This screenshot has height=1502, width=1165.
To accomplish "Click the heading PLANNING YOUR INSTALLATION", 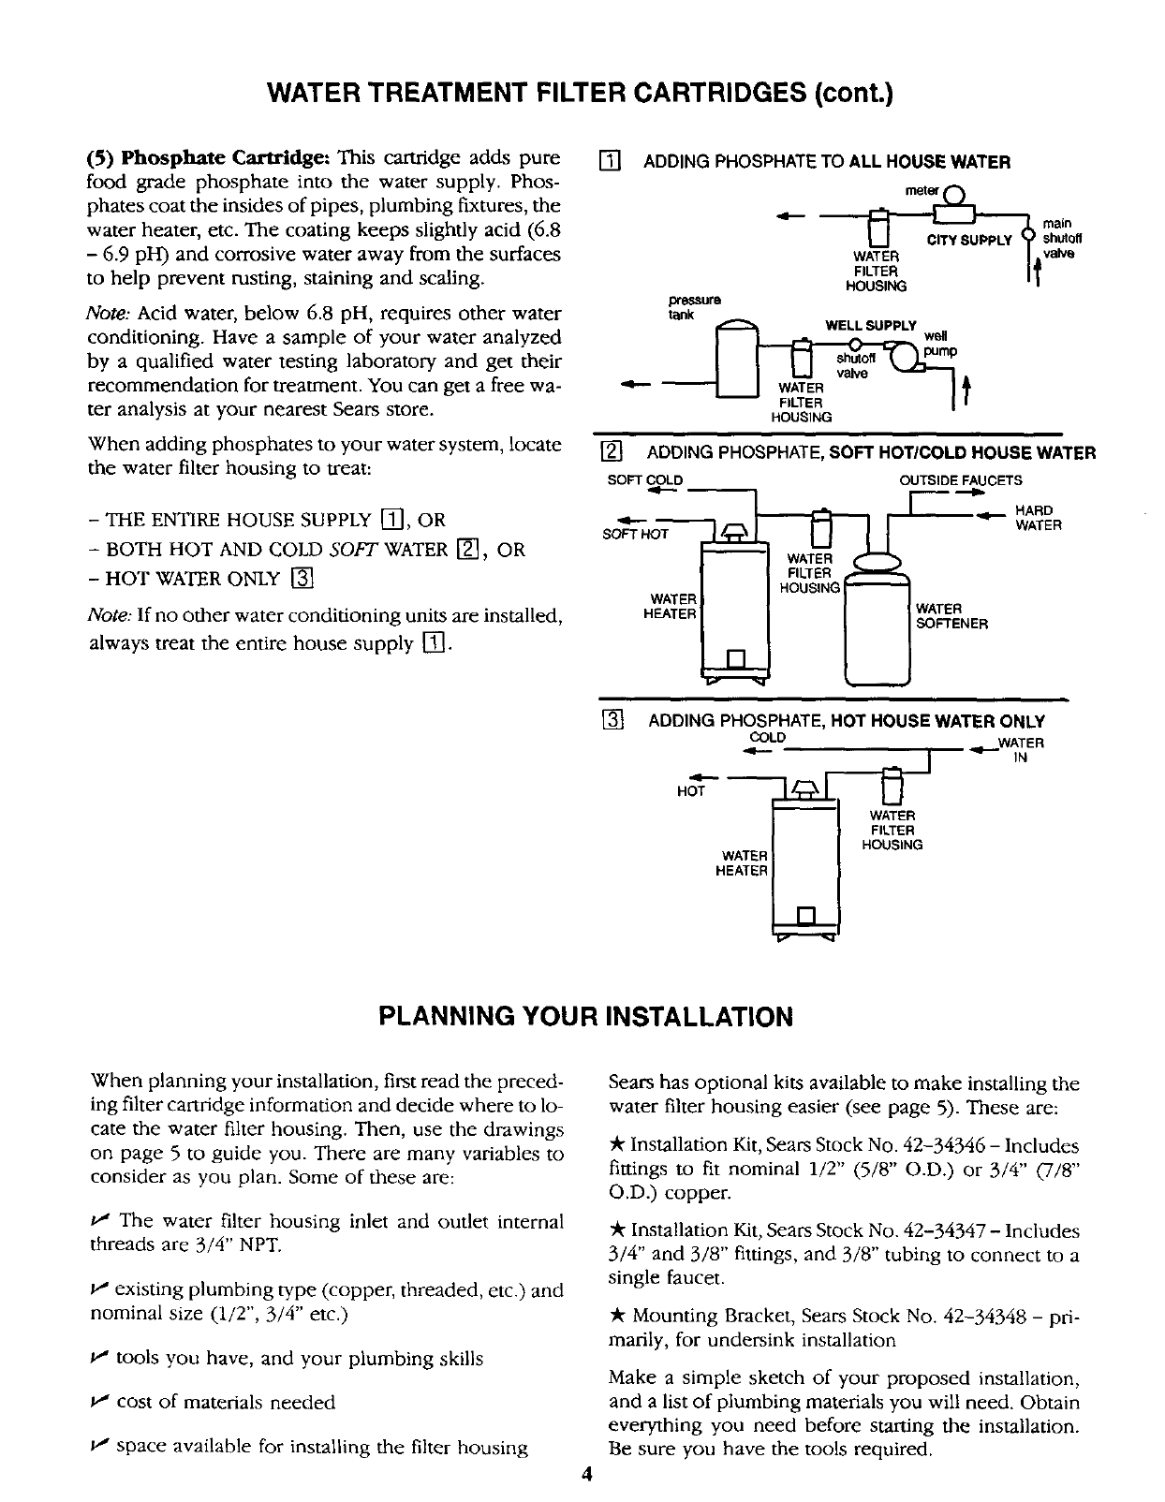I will coord(585,1016).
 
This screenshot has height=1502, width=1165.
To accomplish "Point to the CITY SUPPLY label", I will coord(969,241).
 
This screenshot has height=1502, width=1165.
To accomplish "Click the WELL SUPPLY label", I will coord(870,325).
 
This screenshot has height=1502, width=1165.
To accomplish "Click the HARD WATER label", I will coord(1039,519).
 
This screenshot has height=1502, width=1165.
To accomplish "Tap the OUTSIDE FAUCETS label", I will coord(948,480).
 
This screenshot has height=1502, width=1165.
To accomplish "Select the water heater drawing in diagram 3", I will coord(804,861).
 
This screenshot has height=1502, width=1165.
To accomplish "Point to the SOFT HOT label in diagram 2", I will coord(636,534).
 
